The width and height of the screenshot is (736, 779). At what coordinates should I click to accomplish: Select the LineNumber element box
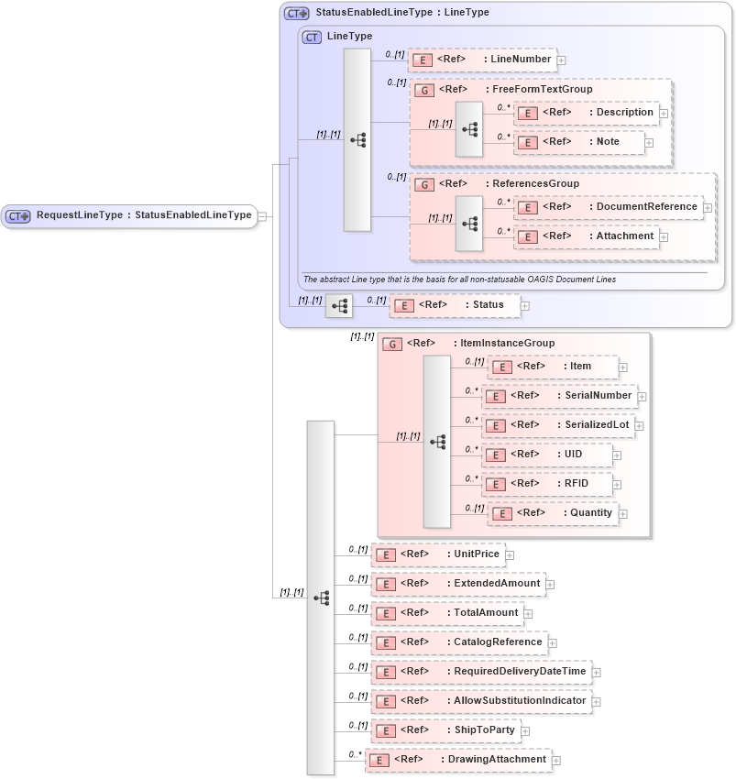[481, 60]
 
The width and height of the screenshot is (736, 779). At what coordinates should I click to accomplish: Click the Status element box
[454, 305]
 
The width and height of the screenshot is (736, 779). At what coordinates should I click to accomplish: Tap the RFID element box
[546, 484]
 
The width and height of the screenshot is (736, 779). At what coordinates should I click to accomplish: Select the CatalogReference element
[457, 642]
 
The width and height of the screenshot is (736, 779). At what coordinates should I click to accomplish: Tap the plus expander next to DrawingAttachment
[556, 761]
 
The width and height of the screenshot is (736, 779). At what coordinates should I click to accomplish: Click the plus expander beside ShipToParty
[527, 731]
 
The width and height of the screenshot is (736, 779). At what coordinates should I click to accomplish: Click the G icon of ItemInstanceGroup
[392, 344]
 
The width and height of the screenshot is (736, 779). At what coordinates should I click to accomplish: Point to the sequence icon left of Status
[339, 306]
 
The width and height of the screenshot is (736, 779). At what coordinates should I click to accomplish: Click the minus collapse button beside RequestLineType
[263, 216]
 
